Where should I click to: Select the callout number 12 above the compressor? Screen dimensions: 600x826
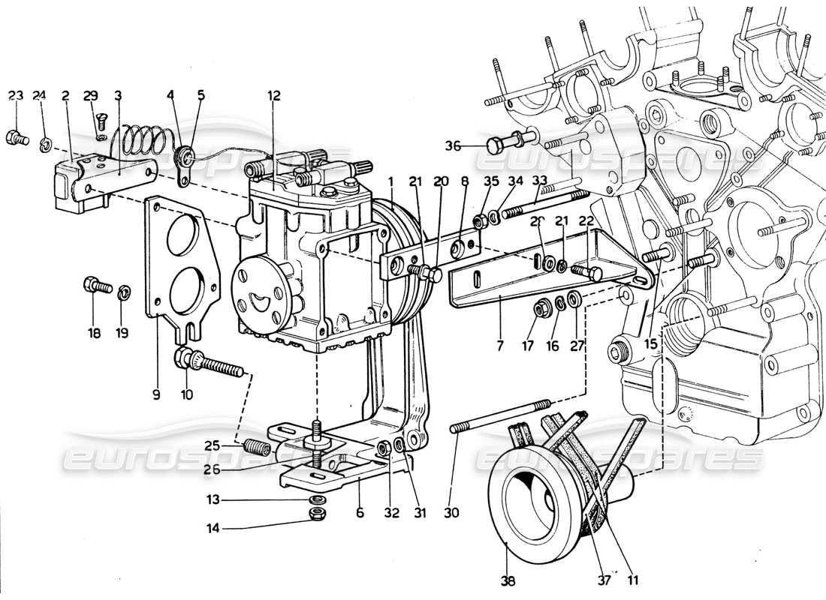pos(273,95)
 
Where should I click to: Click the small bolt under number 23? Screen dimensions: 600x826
pos(17,137)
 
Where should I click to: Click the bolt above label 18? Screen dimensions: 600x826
pos(95,286)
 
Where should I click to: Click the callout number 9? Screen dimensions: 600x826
pos(157,394)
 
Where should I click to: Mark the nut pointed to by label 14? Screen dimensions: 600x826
pos(316,514)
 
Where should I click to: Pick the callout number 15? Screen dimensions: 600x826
pos(651,343)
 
